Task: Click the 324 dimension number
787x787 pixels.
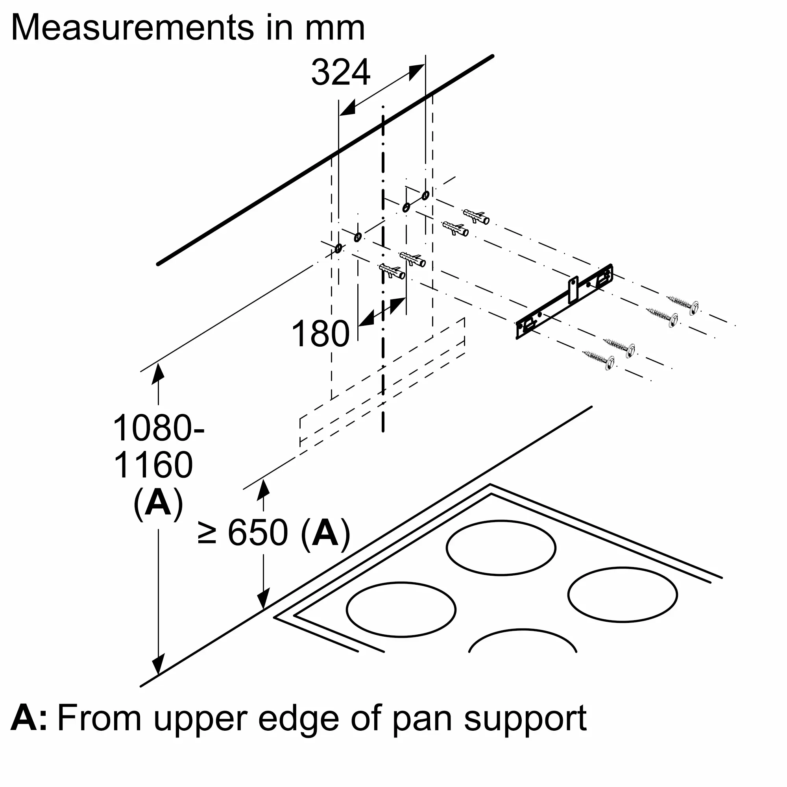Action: [x=340, y=72]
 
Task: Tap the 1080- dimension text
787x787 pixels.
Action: [x=158, y=429]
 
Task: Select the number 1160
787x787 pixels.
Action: [x=153, y=465]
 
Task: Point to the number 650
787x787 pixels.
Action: [x=258, y=532]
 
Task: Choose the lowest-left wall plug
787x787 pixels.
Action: [x=392, y=271]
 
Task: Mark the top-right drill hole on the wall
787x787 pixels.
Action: [x=425, y=195]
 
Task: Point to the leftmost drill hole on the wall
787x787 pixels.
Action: [x=338, y=248]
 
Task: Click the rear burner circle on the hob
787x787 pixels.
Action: [x=501, y=547]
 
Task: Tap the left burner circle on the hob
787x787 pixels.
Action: [x=401, y=609]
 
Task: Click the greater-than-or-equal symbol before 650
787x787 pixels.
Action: [x=207, y=532]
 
